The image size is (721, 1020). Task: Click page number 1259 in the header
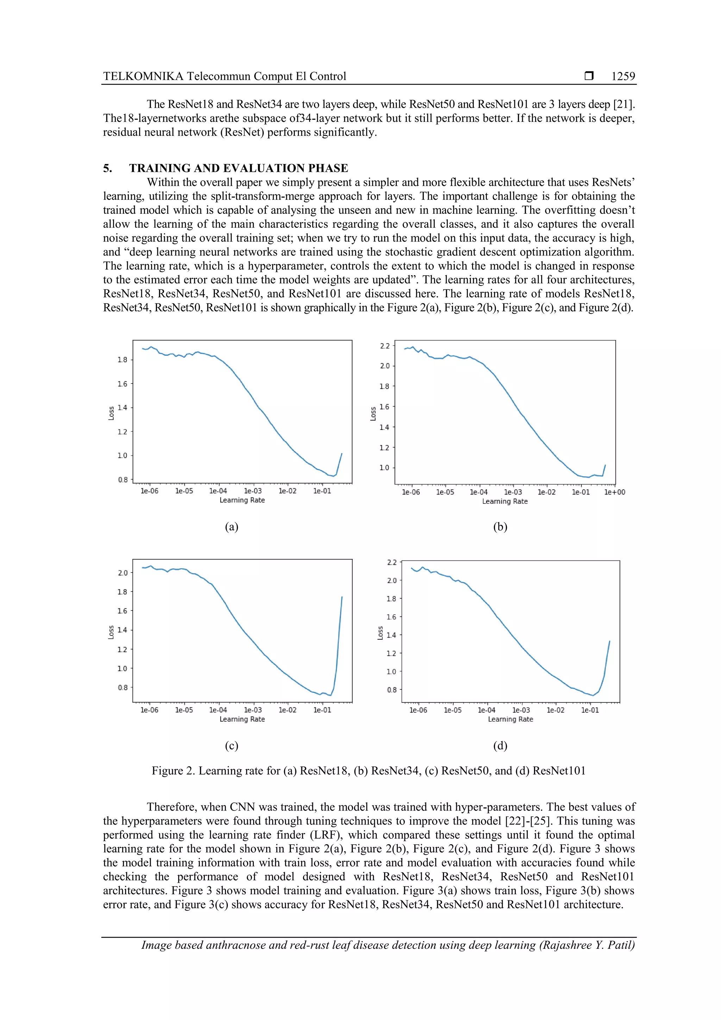623,76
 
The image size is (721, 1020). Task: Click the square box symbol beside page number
589,76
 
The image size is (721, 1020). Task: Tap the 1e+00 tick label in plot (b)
614,492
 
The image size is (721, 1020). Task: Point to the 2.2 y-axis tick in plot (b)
385,346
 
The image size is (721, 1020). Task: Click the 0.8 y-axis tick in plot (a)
123,480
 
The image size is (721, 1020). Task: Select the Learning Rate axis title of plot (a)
242,500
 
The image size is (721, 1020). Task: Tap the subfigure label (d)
500,745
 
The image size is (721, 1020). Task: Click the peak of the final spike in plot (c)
341,597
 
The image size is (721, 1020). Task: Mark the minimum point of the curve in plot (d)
593,696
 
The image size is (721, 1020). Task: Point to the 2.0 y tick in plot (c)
123,573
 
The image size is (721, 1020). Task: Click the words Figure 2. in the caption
173,771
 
